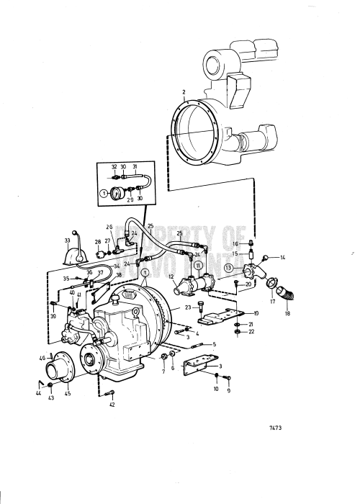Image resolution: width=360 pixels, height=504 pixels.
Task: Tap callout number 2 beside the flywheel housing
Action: point(184,92)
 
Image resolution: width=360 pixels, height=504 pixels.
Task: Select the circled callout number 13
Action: point(228,269)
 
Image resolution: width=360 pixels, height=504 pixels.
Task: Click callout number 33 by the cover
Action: point(67,241)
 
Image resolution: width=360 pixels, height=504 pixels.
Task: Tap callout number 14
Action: point(283,257)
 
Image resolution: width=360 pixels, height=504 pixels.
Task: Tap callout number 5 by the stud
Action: point(215,344)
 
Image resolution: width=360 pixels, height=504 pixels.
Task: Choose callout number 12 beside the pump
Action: point(172,276)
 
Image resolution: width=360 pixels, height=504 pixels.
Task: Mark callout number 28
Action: point(97,251)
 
